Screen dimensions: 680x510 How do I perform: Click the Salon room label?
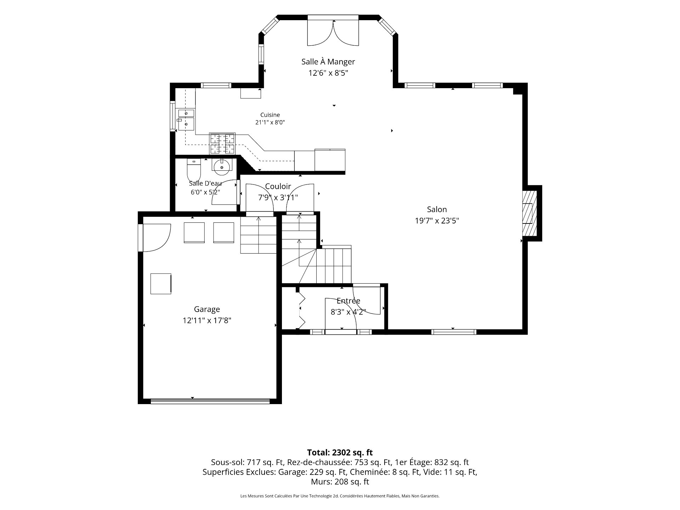click(437, 209)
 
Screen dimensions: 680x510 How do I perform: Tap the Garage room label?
click(207, 309)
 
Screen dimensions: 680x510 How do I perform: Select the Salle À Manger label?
click(328, 62)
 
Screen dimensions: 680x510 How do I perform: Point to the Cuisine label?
click(270, 115)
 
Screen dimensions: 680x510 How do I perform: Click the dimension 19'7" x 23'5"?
click(437, 221)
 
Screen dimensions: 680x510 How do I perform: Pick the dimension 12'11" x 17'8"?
click(207, 321)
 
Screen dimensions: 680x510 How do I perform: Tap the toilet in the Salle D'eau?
click(194, 170)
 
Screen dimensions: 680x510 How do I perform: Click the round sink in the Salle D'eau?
click(222, 166)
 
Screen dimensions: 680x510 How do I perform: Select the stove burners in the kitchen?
click(222, 144)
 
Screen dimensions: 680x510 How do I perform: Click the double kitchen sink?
click(186, 120)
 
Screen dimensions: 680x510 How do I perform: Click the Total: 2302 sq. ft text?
click(340, 452)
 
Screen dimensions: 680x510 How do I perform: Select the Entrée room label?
click(348, 301)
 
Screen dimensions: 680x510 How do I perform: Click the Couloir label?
click(278, 186)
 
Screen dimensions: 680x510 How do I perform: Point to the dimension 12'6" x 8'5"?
click(328, 73)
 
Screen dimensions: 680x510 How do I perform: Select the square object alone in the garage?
click(161, 284)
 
